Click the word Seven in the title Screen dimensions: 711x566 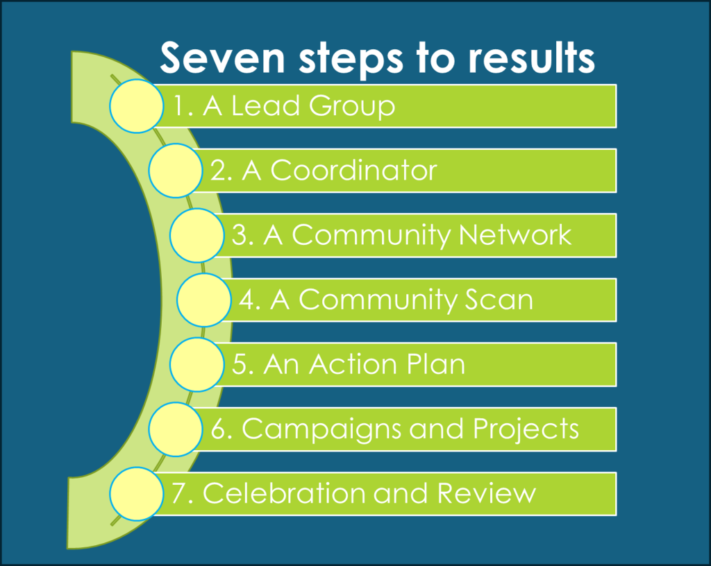click(x=223, y=58)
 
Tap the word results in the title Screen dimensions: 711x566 click(x=531, y=58)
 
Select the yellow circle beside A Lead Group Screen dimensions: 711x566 click(x=137, y=106)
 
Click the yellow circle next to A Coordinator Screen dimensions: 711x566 click(x=176, y=171)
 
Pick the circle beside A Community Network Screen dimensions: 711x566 click(x=196, y=235)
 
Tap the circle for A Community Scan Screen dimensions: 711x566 click(x=204, y=300)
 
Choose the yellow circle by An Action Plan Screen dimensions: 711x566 click(x=196, y=365)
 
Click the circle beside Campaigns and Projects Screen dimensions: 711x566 click(x=176, y=429)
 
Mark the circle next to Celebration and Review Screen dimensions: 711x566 click(x=137, y=494)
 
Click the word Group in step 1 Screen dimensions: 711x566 click(x=352, y=107)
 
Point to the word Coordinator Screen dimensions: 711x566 click(x=353, y=171)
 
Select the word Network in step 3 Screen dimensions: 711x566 click(x=515, y=235)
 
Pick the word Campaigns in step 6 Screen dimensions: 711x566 click(x=321, y=430)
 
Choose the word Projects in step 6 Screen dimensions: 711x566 click(x=526, y=430)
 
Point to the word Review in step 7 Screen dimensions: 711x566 click(x=487, y=493)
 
